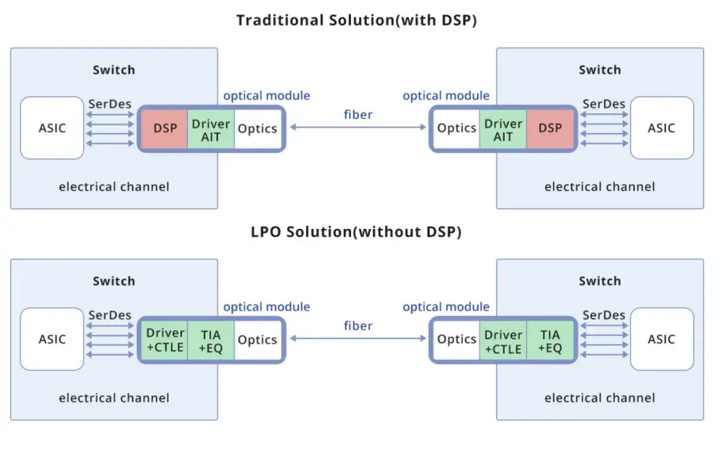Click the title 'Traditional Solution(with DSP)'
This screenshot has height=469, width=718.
coord(356,21)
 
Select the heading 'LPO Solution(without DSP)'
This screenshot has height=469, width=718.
coord(356,232)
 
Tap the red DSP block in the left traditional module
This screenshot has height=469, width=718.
coord(165,128)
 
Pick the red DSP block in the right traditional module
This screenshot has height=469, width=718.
coord(550,128)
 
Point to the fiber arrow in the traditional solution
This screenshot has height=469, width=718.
coord(358,128)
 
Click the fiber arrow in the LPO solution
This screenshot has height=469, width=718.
coord(358,339)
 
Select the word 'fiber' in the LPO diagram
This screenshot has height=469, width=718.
coord(358,325)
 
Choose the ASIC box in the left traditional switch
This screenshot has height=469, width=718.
coord(52,128)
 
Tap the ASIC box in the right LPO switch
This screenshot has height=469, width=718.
coord(661,339)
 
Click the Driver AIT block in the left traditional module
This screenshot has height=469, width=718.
coord(211,128)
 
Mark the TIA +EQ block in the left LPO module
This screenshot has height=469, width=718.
coord(211,340)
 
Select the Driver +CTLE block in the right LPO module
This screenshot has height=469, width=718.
coord(503,340)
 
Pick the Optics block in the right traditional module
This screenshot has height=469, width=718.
coord(457,128)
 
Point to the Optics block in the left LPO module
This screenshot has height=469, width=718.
coord(257,340)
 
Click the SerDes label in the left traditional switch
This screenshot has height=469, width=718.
coord(110,104)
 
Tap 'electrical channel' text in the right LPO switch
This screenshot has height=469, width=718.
coord(600,398)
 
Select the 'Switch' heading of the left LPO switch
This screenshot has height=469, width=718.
coord(114,281)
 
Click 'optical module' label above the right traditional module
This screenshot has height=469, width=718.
coord(446,96)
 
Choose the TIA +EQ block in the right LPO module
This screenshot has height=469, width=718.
coord(550,340)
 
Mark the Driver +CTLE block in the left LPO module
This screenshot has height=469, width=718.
coord(165,340)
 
